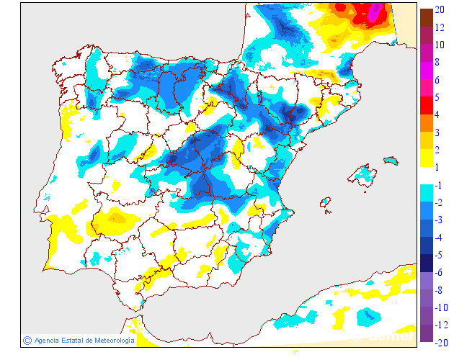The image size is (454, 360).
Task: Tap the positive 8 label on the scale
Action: [x=439, y=62]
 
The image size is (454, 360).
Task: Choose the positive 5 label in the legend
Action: [x=439, y=97]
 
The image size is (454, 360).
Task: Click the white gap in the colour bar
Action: [x=426, y=176]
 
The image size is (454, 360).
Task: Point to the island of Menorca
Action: [x=391, y=159]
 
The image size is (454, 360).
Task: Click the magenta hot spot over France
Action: [x=374, y=12]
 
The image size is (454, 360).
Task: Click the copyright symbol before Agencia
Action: [x=27, y=340]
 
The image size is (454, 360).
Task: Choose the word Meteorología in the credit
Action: [x=110, y=340]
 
